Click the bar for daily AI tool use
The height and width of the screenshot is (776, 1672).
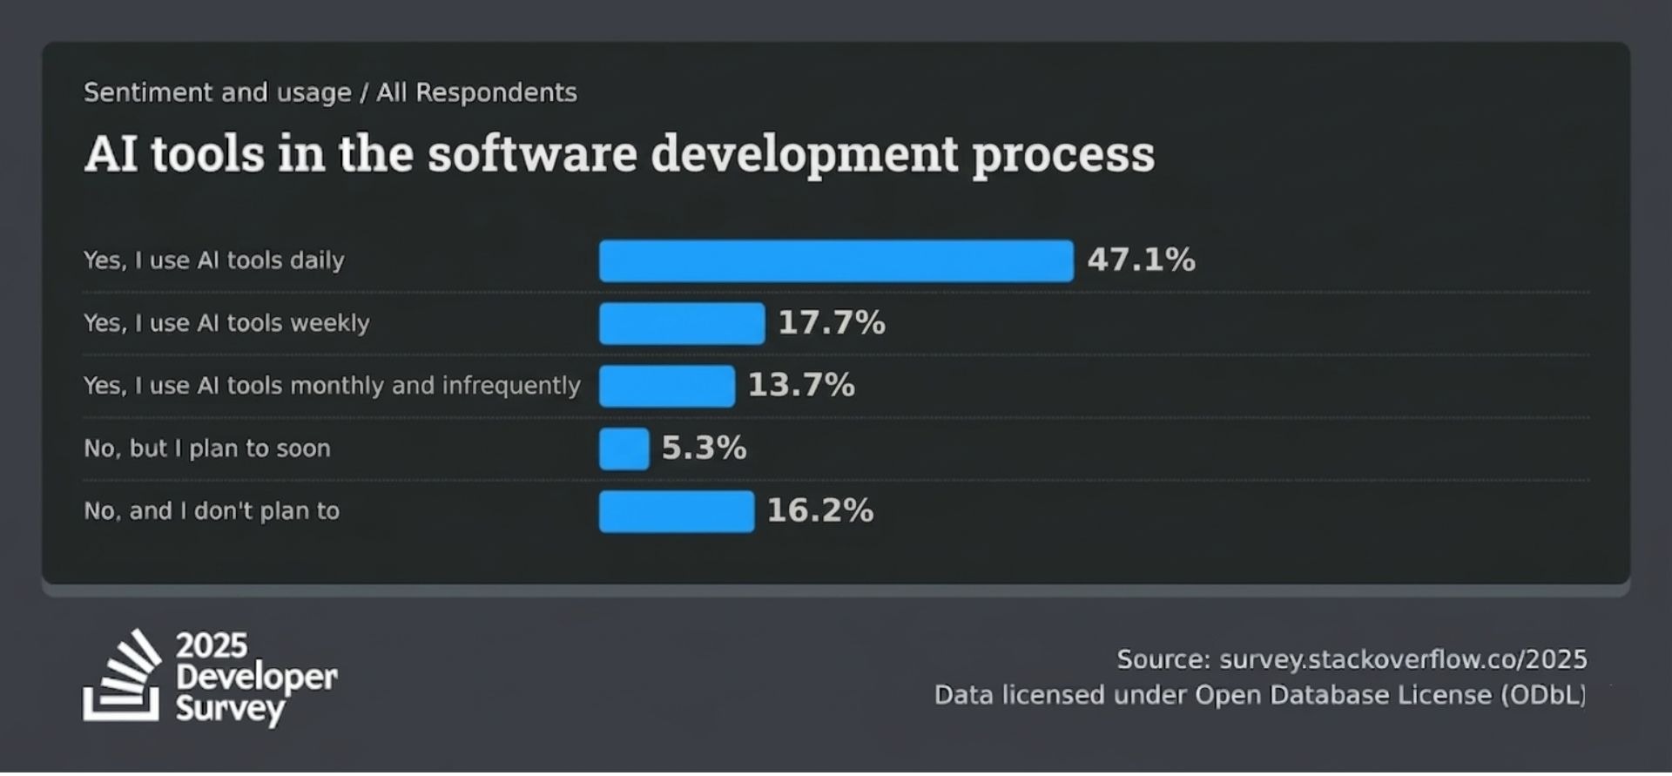click(836, 261)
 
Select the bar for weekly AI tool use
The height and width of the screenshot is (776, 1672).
click(682, 324)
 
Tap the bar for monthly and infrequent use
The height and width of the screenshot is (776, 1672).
click(667, 387)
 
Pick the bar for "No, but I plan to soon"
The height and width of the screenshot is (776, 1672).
click(624, 449)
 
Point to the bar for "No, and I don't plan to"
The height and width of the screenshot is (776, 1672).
click(677, 512)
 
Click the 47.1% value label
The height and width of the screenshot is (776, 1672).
click(1141, 260)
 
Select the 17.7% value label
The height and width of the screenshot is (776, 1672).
click(832, 323)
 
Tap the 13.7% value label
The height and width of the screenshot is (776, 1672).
click(801, 386)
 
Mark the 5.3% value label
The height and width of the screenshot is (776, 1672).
click(704, 449)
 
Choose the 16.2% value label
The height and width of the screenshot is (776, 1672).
click(819, 511)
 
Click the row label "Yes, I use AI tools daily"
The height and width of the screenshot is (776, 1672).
click(214, 260)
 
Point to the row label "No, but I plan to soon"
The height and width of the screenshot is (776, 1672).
click(207, 449)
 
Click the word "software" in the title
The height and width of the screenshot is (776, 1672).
click(532, 154)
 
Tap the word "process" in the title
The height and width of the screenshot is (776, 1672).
click(1063, 154)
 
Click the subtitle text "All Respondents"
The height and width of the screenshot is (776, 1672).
click(476, 92)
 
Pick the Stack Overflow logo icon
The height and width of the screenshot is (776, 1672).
click(123, 677)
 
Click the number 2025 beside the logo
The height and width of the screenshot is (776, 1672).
click(212, 646)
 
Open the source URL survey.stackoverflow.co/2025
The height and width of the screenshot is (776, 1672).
click(1403, 660)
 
